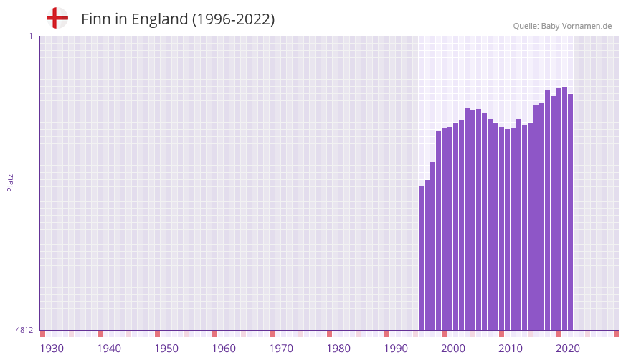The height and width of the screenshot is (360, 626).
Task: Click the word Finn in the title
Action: (95, 19)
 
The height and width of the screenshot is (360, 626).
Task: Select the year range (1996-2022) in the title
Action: (233, 19)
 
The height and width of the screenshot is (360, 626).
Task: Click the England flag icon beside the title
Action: (57, 19)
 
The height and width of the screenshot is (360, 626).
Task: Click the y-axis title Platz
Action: (10, 182)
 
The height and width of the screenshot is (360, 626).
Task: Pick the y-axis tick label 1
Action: (30, 36)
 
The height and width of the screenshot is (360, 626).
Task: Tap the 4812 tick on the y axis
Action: (24, 330)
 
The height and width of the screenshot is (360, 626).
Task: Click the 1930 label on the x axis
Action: (52, 349)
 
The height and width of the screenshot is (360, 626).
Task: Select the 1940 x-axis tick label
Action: (109, 349)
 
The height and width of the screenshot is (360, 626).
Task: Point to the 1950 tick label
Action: (166, 349)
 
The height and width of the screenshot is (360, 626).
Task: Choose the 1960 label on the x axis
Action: (224, 349)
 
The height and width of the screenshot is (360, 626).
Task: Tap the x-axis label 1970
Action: (281, 349)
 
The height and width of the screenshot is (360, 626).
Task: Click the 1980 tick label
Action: (338, 349)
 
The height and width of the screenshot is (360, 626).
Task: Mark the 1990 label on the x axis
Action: (396, 349)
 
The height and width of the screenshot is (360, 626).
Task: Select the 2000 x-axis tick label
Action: (453, 349)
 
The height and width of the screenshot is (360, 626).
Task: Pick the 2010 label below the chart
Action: (511, 349)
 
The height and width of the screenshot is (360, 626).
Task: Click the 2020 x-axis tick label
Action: (568, 349)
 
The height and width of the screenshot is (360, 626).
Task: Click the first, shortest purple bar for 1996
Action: (422, 258)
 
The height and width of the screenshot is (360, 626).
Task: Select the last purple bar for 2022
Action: (571, 212)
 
